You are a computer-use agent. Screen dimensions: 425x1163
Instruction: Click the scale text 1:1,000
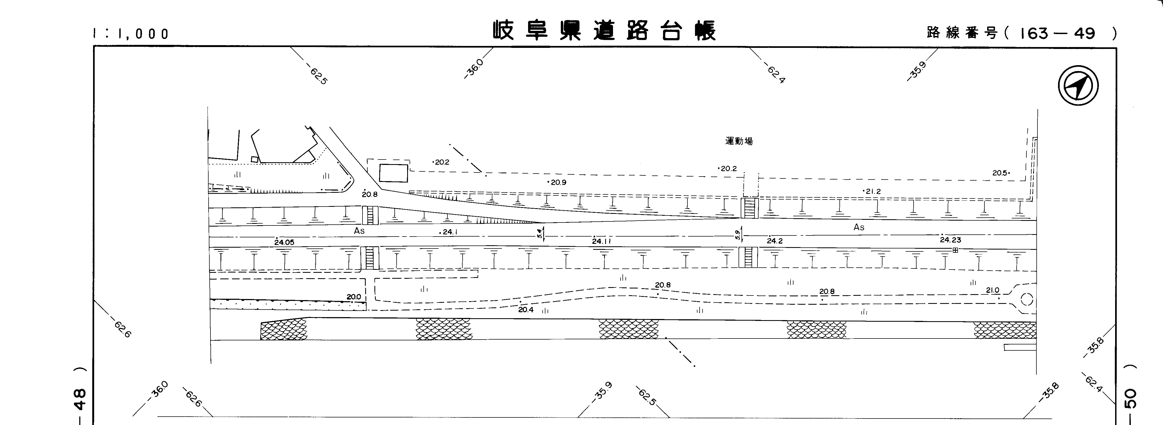click(x=131, y=34)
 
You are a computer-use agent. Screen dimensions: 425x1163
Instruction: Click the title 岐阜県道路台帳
click(x=604, y=31)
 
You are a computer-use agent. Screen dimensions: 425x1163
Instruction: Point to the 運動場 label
click(x=739, y=141)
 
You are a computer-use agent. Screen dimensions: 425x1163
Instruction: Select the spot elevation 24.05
click(x=284, y=242)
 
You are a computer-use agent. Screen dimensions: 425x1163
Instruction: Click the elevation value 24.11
click(x=601, y=241)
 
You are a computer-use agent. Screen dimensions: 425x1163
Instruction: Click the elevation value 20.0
click(x=354, y=297)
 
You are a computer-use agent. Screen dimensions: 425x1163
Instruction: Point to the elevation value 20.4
click(x=526, y=310)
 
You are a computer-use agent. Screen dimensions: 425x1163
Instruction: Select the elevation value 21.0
click(x=993, y=291)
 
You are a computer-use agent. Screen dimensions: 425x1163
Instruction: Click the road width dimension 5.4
click(x=539, y=233)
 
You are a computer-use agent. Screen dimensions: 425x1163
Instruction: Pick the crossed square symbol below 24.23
click(x=955, y=250)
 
